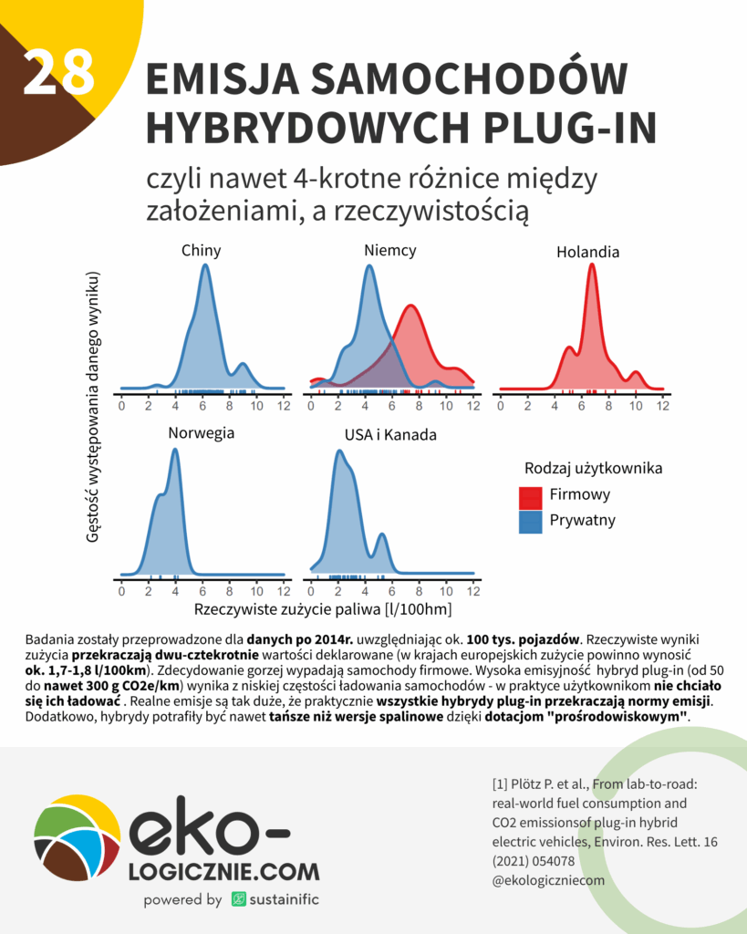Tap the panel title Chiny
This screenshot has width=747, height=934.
[x=201, y=250]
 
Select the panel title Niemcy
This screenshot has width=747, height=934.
[x=389, y=250]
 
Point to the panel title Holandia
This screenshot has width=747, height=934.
[x=587, y=251]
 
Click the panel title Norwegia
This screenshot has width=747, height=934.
[x=201, y=432]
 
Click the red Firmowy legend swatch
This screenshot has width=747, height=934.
[x=531, y=497]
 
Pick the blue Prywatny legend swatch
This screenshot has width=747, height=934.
[x=531, y=522]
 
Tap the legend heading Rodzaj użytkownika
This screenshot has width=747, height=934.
[x=593, y=468]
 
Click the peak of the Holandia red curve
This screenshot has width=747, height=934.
[x=593, y=265]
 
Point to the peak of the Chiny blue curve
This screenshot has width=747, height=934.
[x=205, y=265]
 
